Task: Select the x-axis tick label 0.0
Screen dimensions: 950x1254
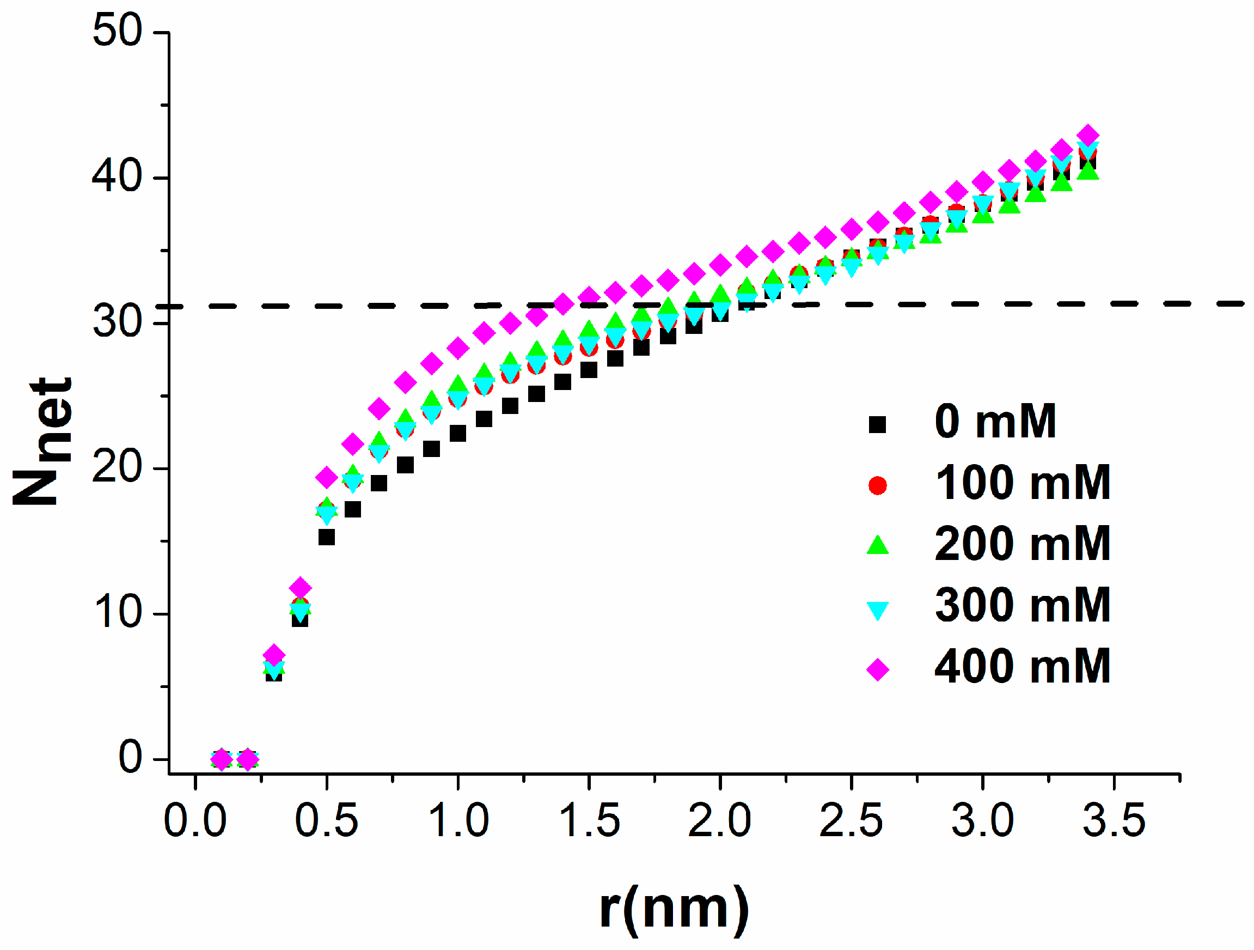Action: [x=195, y=821]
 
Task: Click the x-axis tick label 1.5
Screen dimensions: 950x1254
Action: [x=589, y=821]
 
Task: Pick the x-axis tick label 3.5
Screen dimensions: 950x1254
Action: [x=1114, y=821]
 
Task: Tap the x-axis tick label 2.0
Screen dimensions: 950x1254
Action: [x=719, y=821]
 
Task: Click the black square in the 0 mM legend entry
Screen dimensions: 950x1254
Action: [x=877, y=424]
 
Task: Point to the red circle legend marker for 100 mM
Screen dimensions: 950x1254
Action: [x=877, y=485]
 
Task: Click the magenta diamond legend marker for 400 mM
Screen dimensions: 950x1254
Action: [x=877, y=670]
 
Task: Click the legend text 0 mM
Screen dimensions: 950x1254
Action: [x=995, y=422]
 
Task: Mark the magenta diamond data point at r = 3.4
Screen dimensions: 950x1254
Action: [x=1088, y=136]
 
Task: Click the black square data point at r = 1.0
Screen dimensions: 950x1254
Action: [x=457, y=433]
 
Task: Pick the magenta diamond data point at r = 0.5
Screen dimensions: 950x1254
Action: [x=327, y=478]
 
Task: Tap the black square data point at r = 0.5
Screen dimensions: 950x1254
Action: [x=327, y=537]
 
